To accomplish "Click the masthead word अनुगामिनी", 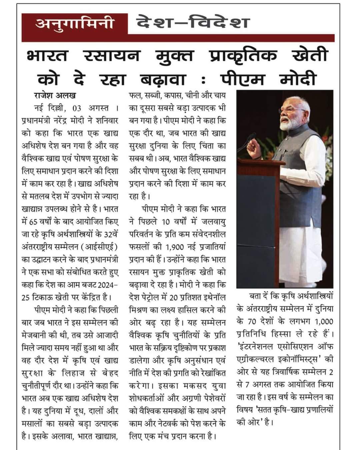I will (74, 24).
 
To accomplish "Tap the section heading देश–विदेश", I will (193, 23).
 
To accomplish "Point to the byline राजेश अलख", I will (55, 95).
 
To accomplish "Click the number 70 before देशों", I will (253, 322).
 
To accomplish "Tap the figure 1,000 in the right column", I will (324, 322).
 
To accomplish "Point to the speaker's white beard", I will (287, 125).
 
